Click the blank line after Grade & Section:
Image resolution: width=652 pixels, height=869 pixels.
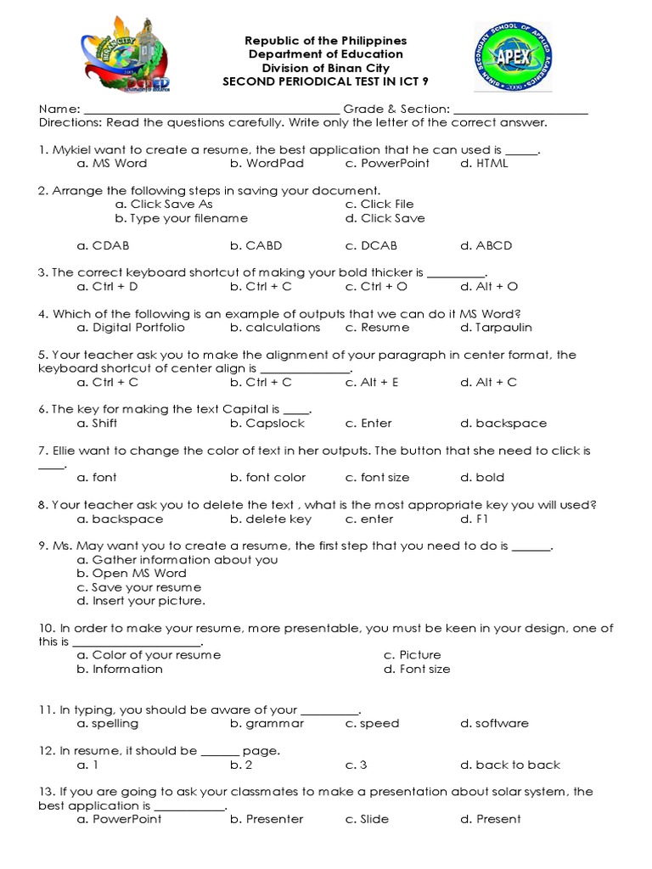click(520, 109)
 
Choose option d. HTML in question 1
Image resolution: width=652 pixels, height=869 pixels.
click(484, 163)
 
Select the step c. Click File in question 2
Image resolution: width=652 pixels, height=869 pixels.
click(379, 205)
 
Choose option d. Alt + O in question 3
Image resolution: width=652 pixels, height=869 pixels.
click(489, 287)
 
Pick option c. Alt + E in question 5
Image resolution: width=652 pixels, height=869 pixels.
click(372, 383)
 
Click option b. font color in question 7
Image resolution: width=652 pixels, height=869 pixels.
click(267, 478)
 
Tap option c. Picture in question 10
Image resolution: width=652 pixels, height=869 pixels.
click(412, 655)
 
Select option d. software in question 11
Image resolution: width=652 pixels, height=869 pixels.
click(494, 724)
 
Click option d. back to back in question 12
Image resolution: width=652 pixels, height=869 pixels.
click(510, 765)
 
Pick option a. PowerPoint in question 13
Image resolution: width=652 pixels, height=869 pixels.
click(119, 820)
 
